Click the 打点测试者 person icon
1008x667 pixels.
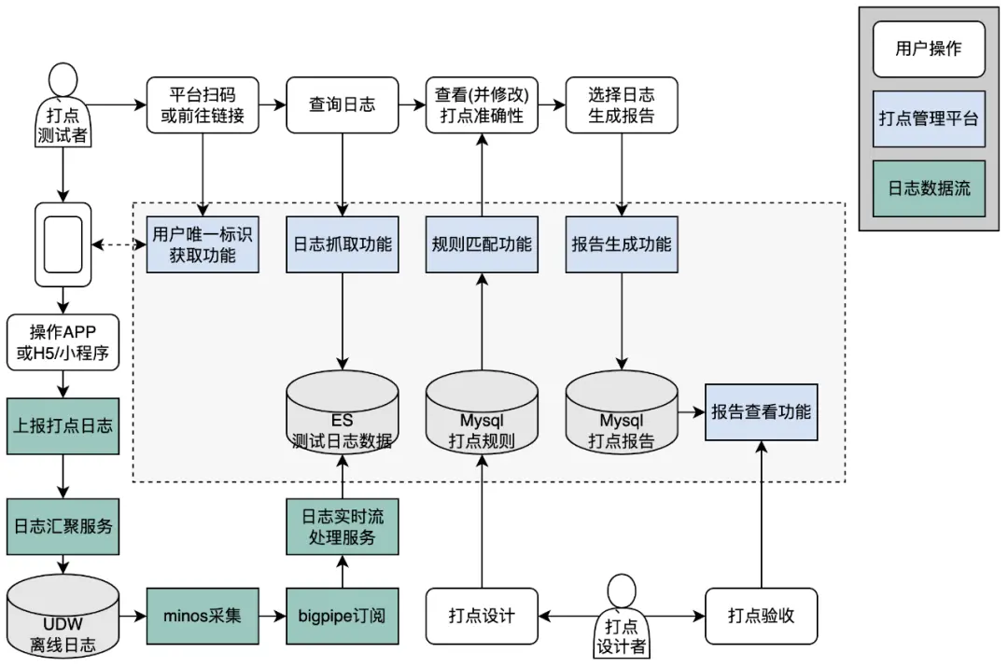tap(63, 104)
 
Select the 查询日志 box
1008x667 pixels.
tap(342, 104)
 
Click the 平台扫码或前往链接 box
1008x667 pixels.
tap(202, 104)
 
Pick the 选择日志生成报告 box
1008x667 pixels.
tap(622, 104)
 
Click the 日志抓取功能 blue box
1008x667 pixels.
tap(342, 244)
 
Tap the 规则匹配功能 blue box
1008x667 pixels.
tap(482, 244)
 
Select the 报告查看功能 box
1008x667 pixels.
tap(761, 411)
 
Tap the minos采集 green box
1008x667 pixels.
tap(202, 616)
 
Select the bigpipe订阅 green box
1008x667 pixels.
tap(342, 616)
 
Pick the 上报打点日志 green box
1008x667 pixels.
tap(63, 425)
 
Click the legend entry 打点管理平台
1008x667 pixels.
tap(929, 118)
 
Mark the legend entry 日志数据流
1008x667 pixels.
tap(929, 188)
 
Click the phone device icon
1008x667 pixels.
tap(63, 244)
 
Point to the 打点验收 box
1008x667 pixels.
tap(761, 616)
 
